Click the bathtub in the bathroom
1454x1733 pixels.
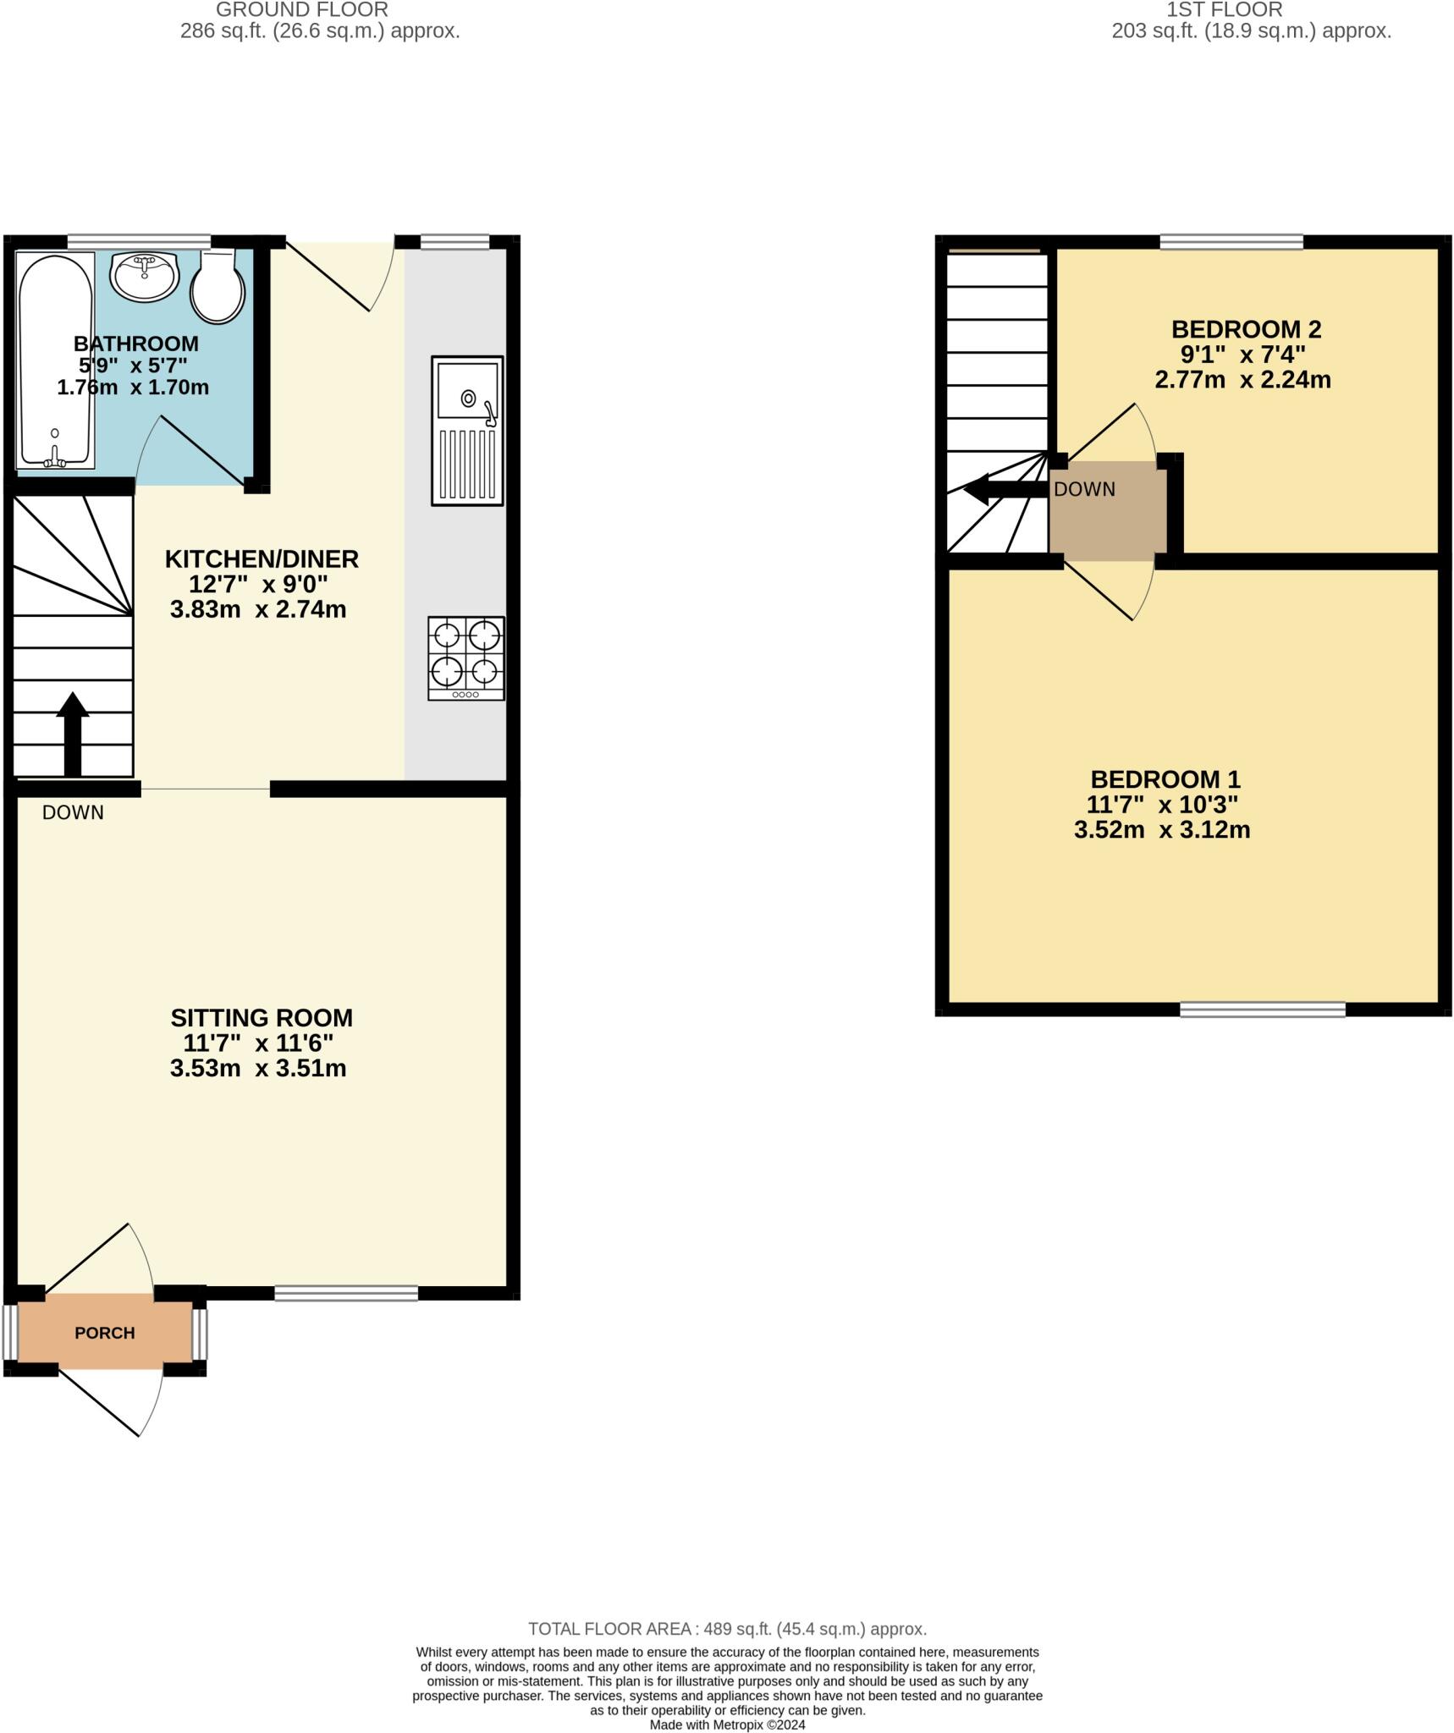(55, 360)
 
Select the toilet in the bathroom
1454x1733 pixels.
(218, 288)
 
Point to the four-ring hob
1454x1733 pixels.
(466, 657)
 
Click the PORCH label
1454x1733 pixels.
(105, 1333)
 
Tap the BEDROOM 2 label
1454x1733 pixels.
(1245, 328)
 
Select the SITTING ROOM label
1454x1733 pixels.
(262, 1017)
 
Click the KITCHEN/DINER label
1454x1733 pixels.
(262, 558)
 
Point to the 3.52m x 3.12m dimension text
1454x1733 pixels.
(1162, 829)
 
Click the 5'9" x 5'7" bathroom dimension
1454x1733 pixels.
(133, 366)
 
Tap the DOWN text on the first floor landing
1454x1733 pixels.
(1084, 489)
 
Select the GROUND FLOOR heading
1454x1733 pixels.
(302, 10)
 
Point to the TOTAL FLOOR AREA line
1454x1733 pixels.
(727, 1628)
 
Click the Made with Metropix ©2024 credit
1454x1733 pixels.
(727, 1725)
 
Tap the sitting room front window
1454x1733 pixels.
(346, 1293)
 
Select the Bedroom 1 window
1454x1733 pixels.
(1263, 1009)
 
